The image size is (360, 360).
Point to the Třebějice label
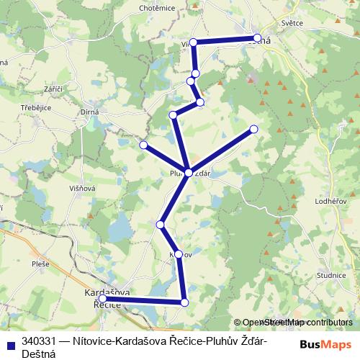pyautogui.click(x=35, y=104)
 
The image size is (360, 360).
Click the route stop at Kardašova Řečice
pyautogui.click(x=102, y=298)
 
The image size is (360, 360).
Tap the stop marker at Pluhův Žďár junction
pyautogui.click(x=188, y=173)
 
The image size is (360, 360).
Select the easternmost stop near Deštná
pyautogui.click(x=257, y=38)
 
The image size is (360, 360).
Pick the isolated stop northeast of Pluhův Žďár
pyautogui.click(x=253, y=129)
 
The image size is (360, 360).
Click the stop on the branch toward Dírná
pyautogui.click(x=143, y=145)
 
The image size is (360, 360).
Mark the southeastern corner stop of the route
pyautogui.click(x=185, y=302)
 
